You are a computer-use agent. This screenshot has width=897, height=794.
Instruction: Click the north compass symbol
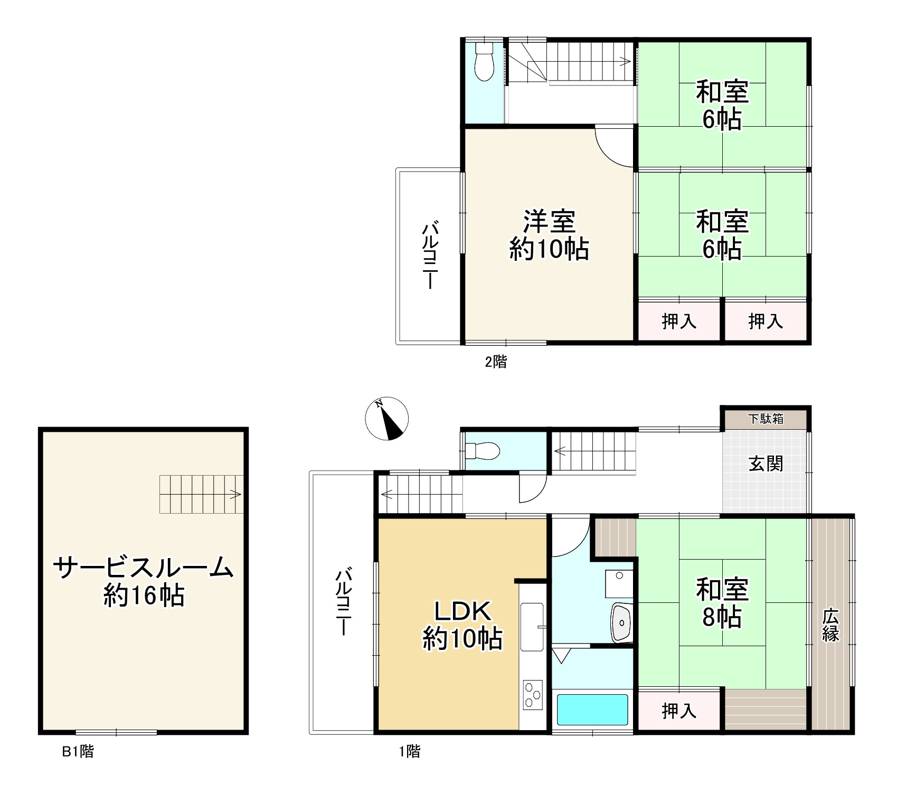[x=387, y=418]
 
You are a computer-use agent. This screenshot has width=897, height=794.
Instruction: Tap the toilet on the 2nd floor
[x=484, y=61]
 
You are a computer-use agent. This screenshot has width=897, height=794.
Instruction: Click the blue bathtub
[x=592, y=710]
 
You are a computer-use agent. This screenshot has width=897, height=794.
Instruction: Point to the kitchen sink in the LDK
[x=532, y=627]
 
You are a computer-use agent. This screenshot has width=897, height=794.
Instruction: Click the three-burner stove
[x=532, y=695]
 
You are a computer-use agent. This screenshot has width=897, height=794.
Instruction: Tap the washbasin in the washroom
[x=621, y=623]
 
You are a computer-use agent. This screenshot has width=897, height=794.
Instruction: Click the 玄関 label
[x=766, y=464]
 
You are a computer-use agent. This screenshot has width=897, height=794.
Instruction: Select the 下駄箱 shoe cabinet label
[x=766, y=419]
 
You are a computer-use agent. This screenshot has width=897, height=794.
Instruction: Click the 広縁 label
[x=830, y=625]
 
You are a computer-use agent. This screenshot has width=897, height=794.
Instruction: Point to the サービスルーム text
[x=143, y=568]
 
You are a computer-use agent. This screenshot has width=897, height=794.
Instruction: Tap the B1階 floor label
[x=78, y=751]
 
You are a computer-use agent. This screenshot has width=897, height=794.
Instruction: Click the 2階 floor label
[x=496, y=362]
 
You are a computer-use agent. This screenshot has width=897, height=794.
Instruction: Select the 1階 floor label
[x=410, y=751]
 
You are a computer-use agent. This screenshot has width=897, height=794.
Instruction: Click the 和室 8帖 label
[x=722, y=603]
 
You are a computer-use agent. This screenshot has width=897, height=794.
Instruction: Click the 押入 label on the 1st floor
[x=679, y=711]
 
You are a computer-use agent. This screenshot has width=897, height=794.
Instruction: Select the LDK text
[x=463, y=611]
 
